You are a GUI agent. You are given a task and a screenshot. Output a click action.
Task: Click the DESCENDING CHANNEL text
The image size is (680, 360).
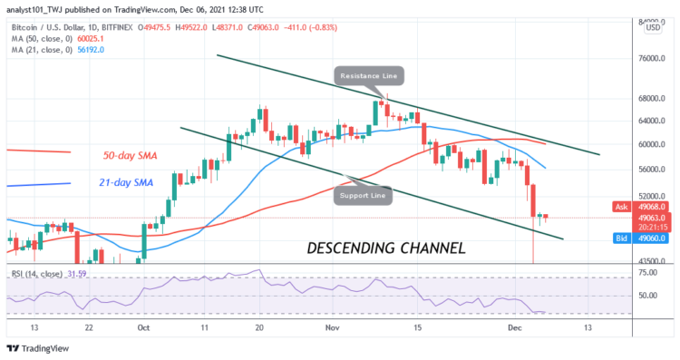click(x=386, y=247)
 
